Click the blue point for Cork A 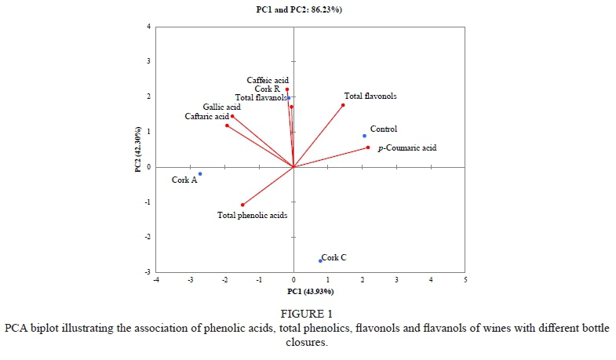pos(200,174)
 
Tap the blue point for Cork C pos(320,260)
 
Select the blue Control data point pos(364,136)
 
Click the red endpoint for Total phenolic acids pos(242,205)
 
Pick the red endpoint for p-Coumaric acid pos(367,147)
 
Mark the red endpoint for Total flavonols pos(343,105)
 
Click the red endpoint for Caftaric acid pos(227,125)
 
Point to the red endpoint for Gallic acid pos(232,116)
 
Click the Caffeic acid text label pos(268,80)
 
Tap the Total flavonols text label pos(370,96)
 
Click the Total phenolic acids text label pos(252,214)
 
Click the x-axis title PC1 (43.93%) pos(311,291)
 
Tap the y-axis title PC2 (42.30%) pos(138,149)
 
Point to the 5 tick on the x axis pos(465,280)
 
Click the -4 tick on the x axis pos(156,280)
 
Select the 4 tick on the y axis pos(149,27)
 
